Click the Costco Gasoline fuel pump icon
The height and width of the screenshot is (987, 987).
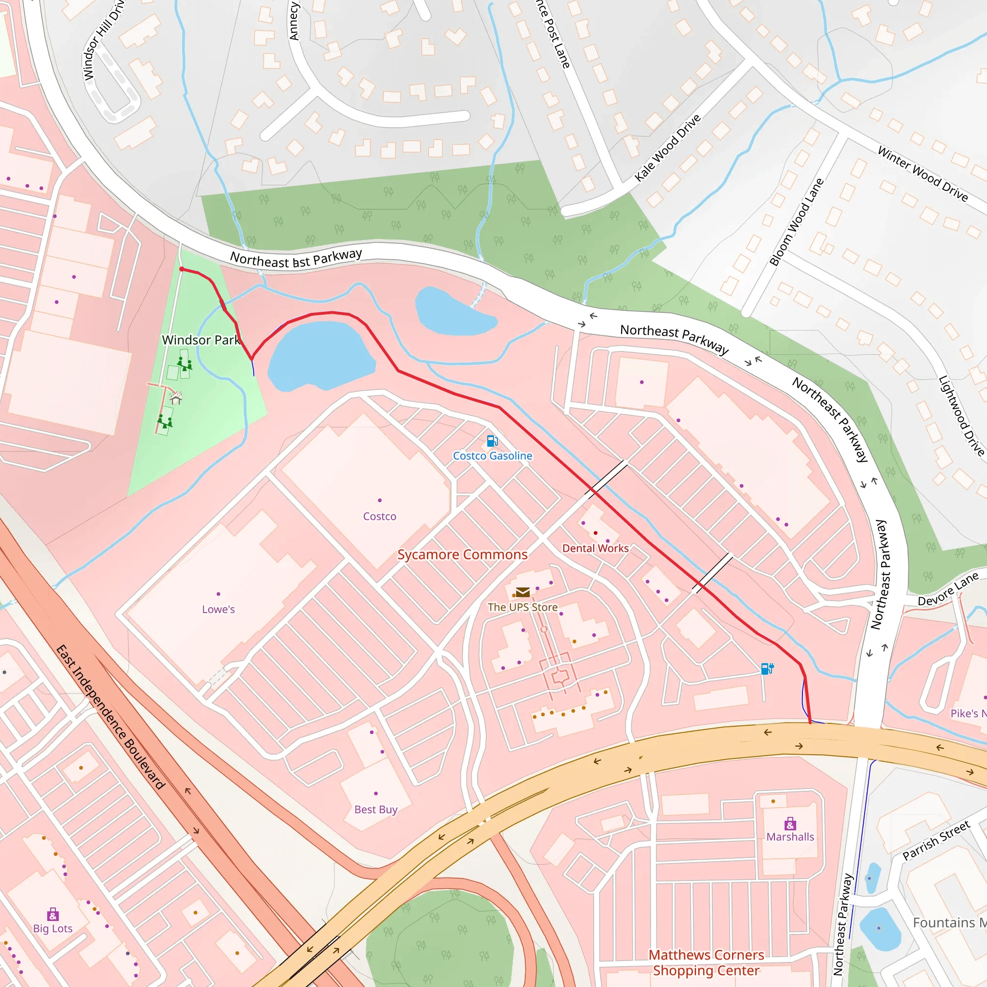(x=492, y=441)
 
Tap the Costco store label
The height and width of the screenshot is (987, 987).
(x=380, y=517)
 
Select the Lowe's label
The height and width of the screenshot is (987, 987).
(x=218, y=610)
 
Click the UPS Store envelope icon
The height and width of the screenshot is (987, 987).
(x=522, y=592)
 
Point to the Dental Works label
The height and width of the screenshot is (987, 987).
(x=595, y=548)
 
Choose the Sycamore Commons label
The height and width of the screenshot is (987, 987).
(x=462, y=555)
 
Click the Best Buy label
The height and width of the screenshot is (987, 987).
(x=375, y=810)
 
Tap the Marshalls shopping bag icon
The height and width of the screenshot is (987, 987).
(x=790, y=824)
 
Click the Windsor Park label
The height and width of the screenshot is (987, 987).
(x=201, y=340)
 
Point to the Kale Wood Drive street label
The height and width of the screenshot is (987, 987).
(x=667, y=148)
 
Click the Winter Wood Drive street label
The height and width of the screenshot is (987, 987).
(x=922, y=174)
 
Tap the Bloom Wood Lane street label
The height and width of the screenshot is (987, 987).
(x=797, y=222)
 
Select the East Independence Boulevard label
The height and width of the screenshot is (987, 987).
(x=110, y=717)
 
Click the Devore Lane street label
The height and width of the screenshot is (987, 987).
(x=948, y=589)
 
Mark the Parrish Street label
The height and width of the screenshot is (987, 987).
(x=936, y=840)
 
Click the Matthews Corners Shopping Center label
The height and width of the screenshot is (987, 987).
(x=706, y=963)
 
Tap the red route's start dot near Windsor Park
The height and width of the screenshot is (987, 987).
(x=182, y=269)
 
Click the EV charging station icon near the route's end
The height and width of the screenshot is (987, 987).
(x=767, y=669)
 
